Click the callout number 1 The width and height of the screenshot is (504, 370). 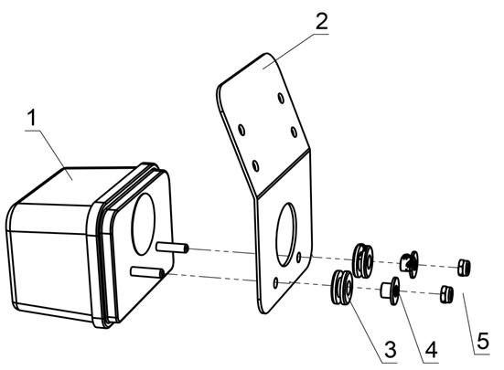point(32,118)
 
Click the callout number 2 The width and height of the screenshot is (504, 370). point(321,22)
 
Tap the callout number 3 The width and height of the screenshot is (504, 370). point(391,350)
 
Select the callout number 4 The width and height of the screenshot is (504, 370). point(431,350)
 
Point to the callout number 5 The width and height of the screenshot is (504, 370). point(483,341)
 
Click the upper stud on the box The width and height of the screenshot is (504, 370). point(172,248)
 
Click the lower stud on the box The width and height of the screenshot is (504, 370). point(147,272)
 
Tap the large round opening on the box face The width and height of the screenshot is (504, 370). point(144,224)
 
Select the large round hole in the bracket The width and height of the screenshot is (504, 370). point(286,235)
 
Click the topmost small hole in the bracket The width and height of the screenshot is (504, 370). point(281,98)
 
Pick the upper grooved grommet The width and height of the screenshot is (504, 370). point(363,260)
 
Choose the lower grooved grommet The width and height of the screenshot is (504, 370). point(342,287)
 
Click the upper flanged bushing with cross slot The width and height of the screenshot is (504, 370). point(410,264)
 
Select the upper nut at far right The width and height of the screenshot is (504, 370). point(465,267)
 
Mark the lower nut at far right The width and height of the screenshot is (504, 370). point(446,293)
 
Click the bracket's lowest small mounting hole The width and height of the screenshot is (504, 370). point(275,283)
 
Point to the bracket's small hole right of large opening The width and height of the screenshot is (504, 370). point(299,257)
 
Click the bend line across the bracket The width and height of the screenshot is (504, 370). point(283,174)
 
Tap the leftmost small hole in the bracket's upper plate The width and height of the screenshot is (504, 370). point(241,130)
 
